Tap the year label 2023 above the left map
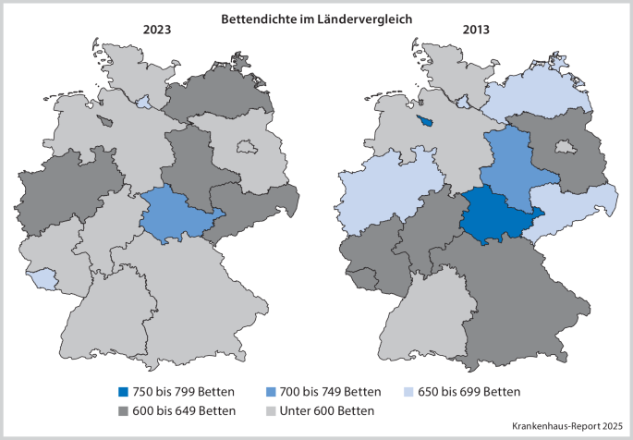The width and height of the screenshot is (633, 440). pyautogui.click(x=161, y=30)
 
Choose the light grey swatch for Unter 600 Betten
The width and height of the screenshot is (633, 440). pyautogui.click(x=271, y=410)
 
